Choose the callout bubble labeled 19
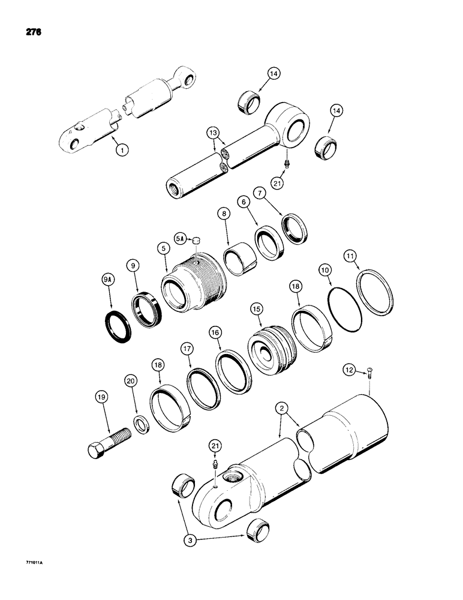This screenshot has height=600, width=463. pos(101,397)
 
